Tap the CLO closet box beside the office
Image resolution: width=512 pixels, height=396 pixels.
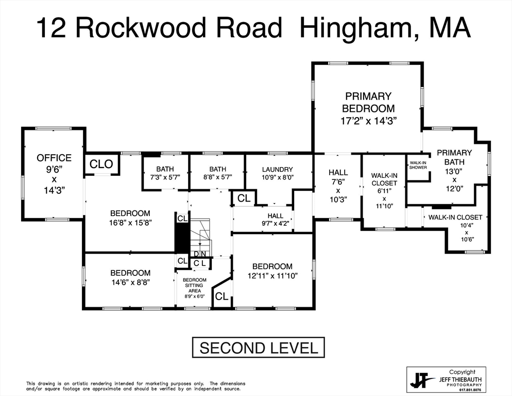coord(101,164)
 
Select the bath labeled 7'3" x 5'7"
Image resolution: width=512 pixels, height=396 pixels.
coord(165,172)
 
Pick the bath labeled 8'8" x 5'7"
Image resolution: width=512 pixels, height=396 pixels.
coord(217,172)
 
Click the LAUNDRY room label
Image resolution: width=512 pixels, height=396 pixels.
coord(277,173)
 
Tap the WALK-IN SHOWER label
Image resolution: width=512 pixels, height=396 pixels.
coord(418,166)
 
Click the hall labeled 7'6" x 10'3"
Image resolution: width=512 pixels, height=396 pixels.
coord(337,186)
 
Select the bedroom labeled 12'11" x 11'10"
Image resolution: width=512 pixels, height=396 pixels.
coord(272,271)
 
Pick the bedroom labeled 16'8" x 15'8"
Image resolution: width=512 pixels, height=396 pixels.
coord(130,218)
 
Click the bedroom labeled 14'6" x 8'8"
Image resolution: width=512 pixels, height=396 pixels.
coord(130,277)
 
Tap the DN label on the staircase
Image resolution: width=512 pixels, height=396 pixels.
coord(199,254)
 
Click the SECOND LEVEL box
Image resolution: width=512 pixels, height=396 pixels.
coord(259,348)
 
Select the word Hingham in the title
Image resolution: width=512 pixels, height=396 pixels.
coord(355,28)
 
